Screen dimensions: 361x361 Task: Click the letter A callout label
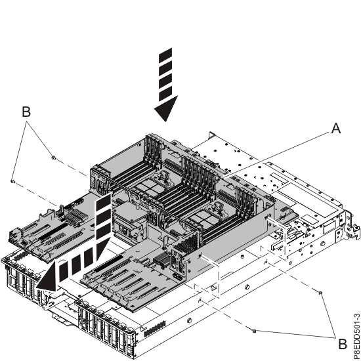click(x=335, y=129)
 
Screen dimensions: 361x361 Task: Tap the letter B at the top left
click(x=26, y=112)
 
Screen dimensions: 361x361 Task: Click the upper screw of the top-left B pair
click(x=53, y=158)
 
